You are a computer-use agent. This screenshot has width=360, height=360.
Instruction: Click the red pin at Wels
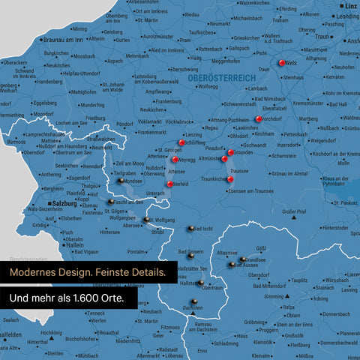(x=281, y=64)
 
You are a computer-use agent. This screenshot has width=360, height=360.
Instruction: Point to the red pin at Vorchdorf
(x=259, y=118)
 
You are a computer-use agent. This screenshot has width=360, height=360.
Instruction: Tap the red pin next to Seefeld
(x=170, y=184)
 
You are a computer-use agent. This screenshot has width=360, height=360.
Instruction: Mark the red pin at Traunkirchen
(x=229, y=178)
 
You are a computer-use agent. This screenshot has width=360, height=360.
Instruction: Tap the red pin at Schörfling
(x=181, y=142)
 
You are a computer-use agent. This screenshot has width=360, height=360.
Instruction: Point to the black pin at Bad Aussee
(x=232, y=264)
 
